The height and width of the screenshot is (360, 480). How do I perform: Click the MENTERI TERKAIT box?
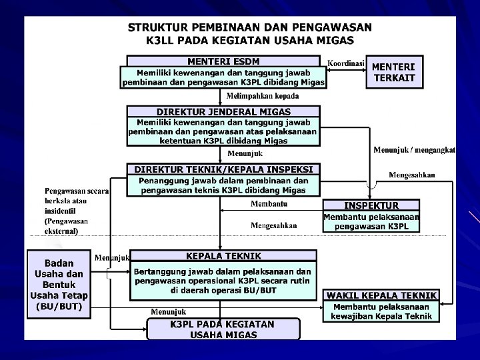(393, 72)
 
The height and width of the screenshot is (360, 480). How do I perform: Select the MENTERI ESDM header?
(223, 62)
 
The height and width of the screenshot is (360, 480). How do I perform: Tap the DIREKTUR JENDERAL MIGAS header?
(223, 111)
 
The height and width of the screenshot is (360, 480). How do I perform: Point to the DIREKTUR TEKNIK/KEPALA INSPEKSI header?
(223, 169)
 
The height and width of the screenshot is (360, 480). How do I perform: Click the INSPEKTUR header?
(371, 205)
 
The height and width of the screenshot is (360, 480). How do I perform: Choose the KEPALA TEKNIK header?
(223, 256)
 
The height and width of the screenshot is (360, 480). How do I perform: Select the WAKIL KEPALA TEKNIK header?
(381, 295)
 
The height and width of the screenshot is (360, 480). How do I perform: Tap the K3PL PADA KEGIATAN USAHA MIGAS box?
(223, 329)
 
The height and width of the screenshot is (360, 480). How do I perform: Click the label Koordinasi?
(346, 64)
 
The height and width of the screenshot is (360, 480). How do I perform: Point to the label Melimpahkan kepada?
(263, 97)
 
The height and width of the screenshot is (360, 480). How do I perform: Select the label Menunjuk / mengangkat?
(414, 149)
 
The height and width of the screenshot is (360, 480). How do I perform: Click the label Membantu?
(269, 203)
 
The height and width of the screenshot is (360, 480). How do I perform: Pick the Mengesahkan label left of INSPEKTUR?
(273, 225)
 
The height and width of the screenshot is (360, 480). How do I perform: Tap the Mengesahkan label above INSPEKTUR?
(412, 175)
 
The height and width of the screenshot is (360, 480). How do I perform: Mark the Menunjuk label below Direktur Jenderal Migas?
(245, 154)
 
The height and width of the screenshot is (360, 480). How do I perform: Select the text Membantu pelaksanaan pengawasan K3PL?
(371, 222)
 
